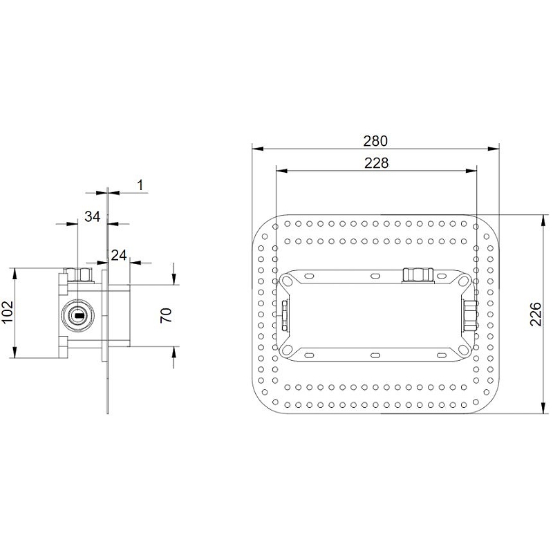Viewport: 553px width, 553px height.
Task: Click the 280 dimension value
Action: point(375,140)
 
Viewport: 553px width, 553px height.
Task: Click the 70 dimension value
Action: point(165,315)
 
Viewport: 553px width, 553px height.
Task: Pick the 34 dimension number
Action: point(92,216)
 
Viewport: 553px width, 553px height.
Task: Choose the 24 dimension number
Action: point(118,255)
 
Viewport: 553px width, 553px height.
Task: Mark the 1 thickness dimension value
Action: point(140,185)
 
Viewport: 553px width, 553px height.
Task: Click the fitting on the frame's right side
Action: point(470,315)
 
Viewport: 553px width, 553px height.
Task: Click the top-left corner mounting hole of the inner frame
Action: point(285,281)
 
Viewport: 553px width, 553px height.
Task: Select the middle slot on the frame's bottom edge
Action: point(376,355)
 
